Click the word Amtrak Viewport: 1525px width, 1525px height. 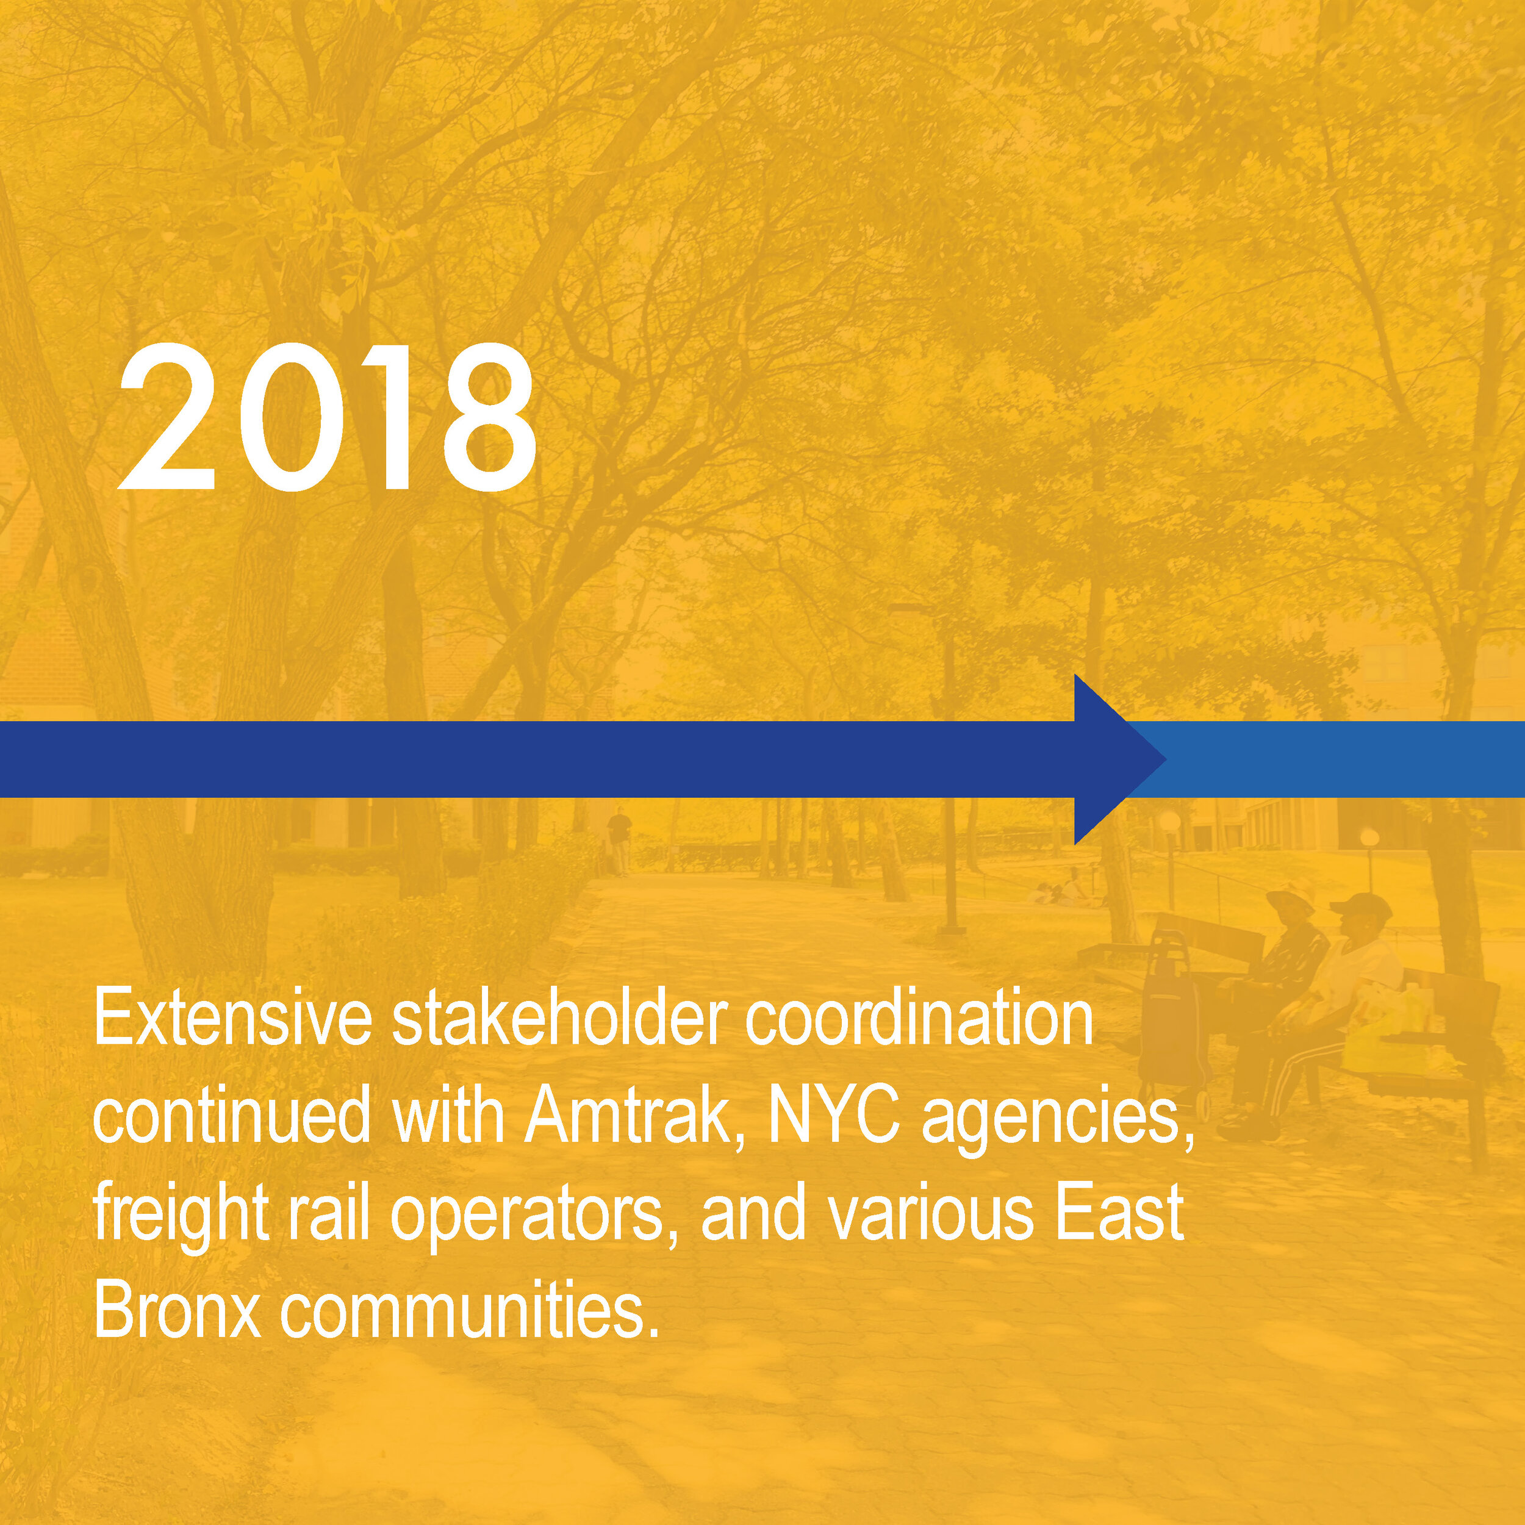[x=625, y=1118]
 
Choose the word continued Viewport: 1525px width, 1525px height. [x=232, y=1118]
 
